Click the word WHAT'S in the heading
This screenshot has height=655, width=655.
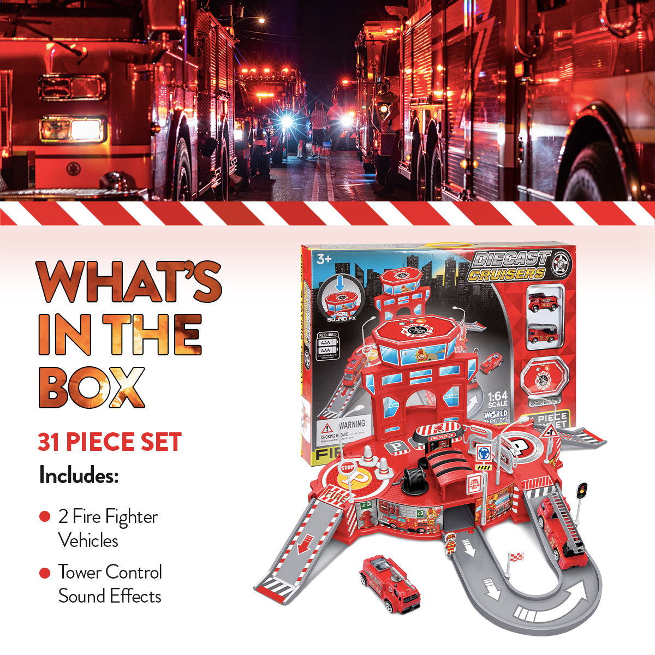129,282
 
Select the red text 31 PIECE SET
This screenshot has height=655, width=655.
109,442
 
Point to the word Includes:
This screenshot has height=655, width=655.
79,475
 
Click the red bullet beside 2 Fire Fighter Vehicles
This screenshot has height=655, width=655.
45,516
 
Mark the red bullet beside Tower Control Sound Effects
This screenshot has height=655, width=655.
45,573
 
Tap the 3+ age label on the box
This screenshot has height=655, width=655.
324,258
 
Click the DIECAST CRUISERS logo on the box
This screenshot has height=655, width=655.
510,266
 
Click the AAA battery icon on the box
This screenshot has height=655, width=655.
326,346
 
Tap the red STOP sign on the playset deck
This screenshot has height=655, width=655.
347,468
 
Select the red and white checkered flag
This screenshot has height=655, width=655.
515,557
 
